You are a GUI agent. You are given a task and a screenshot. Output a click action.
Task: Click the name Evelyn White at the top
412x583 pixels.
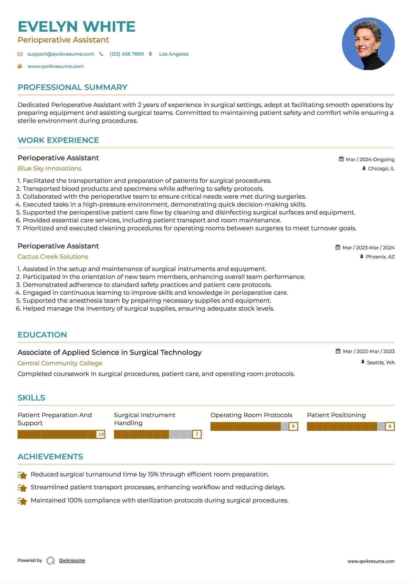[x=76, y=27]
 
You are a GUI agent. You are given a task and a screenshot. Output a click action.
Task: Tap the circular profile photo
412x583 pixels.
[x=368, y=44]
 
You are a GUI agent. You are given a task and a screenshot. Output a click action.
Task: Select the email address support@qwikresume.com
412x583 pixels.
[x=61, y=54]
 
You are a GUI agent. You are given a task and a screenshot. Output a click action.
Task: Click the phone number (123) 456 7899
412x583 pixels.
[x=126, y=54]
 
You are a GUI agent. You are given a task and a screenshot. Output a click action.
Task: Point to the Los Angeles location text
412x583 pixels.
[x=174, y=54]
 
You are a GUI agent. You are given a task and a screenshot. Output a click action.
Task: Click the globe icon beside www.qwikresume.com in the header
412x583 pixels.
[x=20, y=67]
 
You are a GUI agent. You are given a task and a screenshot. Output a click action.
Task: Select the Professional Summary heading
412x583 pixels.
[x=72, y=87]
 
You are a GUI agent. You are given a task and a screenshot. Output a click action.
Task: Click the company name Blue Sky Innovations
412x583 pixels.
[x=49, y=168]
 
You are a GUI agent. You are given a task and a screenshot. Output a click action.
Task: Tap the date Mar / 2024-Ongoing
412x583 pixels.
[x=370, y=159]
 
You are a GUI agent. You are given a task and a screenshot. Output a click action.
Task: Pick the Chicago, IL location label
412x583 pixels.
[x=381, y=169]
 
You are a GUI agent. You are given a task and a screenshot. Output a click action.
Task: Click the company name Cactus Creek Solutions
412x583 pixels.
[x=53, y=257]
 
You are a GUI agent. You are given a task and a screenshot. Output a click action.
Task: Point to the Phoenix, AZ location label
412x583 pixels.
[x=380, y=257]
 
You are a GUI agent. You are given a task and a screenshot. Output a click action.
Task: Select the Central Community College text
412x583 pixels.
[x=60, y=363]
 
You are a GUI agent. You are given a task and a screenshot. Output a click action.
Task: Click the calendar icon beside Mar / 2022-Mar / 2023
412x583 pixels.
[x=338, y=351]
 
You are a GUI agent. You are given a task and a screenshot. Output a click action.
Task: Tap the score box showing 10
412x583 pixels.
[x=101, y=434]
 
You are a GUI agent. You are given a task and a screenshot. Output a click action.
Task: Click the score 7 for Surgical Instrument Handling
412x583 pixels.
[x=197, y=434]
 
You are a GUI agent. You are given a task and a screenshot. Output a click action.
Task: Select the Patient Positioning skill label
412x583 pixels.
[x=336, y=415]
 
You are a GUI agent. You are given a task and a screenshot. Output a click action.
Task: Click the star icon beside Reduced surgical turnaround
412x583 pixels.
[x=22, y=475]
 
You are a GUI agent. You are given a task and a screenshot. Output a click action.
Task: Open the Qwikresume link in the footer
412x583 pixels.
[x=72, y=560]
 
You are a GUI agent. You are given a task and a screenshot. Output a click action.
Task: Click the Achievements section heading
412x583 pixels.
[x=50, y=457]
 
